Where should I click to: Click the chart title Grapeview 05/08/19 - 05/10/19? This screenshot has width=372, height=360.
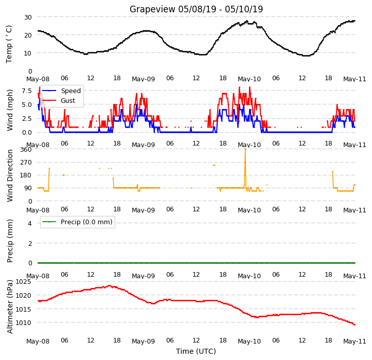pyautogui.click(x=196, y=9)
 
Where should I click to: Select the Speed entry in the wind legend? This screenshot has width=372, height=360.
pyautogui.click(x=62, y=91)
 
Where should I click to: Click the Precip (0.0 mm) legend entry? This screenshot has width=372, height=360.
pyautogui.click(x=77, y=222)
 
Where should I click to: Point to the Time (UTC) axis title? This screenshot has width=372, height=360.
pyautogui.click(x=196, y=351)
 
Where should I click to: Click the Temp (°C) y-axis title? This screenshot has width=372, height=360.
pyautogui.click(x=9, y=44)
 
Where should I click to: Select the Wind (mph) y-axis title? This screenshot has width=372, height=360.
pyautogui.click(x=9, y=110)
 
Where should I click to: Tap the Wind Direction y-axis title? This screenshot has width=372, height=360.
pyautogui.click(x=9, y=176)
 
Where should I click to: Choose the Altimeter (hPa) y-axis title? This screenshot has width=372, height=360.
pyautogui.click(x=9, y=307)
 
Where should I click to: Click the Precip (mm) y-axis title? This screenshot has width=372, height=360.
pyautogui.click(x=9, y=241)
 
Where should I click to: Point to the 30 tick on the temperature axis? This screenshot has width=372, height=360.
pyautogui.click(x=28, y=17)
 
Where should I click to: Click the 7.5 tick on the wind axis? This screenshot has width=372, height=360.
pyautogui.click(x=27, y=91)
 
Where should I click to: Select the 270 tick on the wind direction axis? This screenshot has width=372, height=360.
pyautogui.click(x=26, y=163)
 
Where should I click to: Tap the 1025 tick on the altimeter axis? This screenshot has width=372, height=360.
pyautogui.click(x=23, y=282)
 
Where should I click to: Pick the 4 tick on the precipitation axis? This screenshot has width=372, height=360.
pyautogui.click(x=30, y=223)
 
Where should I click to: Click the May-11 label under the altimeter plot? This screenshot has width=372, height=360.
pyautogui.click(x=355, y=341)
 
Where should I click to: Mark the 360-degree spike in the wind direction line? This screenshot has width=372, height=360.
pyautogui.click(x=245, y=149)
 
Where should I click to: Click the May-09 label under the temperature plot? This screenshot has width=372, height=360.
pyautogui.click(x=144, y=79)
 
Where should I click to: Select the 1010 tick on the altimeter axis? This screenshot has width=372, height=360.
pyautogui.click(x=23, y=323)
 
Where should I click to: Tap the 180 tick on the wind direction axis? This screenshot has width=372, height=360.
pyautogui.click(x=26, y=175)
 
